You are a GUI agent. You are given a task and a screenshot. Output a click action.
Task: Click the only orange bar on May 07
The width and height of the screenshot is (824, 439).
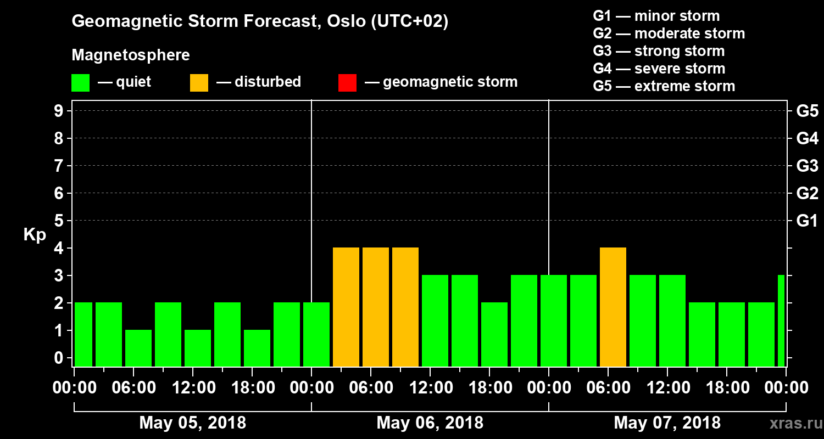tap(613, 307)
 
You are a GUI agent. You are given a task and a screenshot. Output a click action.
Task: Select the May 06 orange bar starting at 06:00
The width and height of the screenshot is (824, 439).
tap(376, 307)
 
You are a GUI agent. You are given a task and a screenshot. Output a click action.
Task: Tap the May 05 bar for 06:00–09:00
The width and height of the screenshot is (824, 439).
tap(138, 348)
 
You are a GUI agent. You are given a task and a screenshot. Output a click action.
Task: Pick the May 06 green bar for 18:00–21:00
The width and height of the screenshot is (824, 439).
tap(494, 334)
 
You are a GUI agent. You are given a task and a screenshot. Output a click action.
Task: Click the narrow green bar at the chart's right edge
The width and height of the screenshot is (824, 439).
tap(781, 320)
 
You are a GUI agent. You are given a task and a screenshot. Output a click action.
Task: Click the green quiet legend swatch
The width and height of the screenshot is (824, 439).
tap(80, 83)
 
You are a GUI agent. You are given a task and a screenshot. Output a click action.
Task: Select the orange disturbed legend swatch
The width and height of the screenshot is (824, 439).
tap(199, 83)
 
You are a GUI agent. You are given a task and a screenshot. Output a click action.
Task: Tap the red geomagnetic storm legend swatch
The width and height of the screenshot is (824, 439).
tap(347, 83)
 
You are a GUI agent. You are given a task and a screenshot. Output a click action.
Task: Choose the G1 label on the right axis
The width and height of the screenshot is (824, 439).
tap(807, 221)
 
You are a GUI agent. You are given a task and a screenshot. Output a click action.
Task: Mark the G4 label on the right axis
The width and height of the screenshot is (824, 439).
tap(807, 138)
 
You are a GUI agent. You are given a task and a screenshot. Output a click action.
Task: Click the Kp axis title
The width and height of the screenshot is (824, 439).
tap(35, 235)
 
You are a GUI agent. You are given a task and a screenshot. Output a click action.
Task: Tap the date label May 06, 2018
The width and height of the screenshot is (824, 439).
tap(430, 423)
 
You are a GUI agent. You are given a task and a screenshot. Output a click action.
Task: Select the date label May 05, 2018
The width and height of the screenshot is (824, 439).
tap(193, 423)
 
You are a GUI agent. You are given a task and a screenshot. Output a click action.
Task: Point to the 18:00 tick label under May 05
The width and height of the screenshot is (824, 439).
tap(253, 388)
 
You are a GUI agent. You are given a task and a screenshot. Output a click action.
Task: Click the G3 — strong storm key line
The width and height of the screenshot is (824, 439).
tap(659, 51)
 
